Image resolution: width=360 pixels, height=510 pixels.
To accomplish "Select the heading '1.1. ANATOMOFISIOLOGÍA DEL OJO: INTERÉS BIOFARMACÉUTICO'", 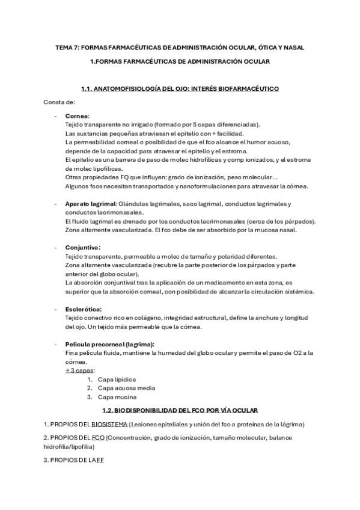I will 180,89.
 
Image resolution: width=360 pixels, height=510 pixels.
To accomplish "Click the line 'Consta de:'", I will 59,102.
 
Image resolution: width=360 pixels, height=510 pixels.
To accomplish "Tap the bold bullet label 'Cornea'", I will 77,115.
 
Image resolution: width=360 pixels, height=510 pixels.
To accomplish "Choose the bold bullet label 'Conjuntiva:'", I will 83,247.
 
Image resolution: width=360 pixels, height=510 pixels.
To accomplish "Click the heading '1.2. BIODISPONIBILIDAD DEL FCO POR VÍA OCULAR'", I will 180,410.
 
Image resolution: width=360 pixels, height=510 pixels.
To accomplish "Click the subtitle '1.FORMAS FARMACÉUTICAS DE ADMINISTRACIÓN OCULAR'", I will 180,61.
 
